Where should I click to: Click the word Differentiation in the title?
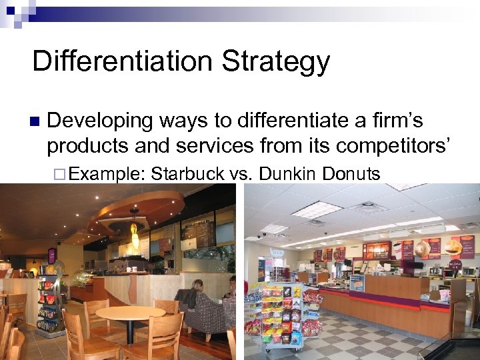click(122, 61)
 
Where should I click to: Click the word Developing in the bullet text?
click(100, 121)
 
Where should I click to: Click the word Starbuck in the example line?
click(187, 174)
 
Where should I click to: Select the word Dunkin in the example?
click(287, 174)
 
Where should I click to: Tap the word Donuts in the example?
click(351, 174)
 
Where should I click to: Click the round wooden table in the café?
click(131, 314)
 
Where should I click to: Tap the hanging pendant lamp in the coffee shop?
click(135, 236)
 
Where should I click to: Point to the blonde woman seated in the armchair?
click(197, 293)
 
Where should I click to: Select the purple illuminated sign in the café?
click(52, 255)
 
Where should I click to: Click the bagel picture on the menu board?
click(421, 249)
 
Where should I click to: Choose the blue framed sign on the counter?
click(357, 283)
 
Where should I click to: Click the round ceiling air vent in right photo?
click(368, 207)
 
